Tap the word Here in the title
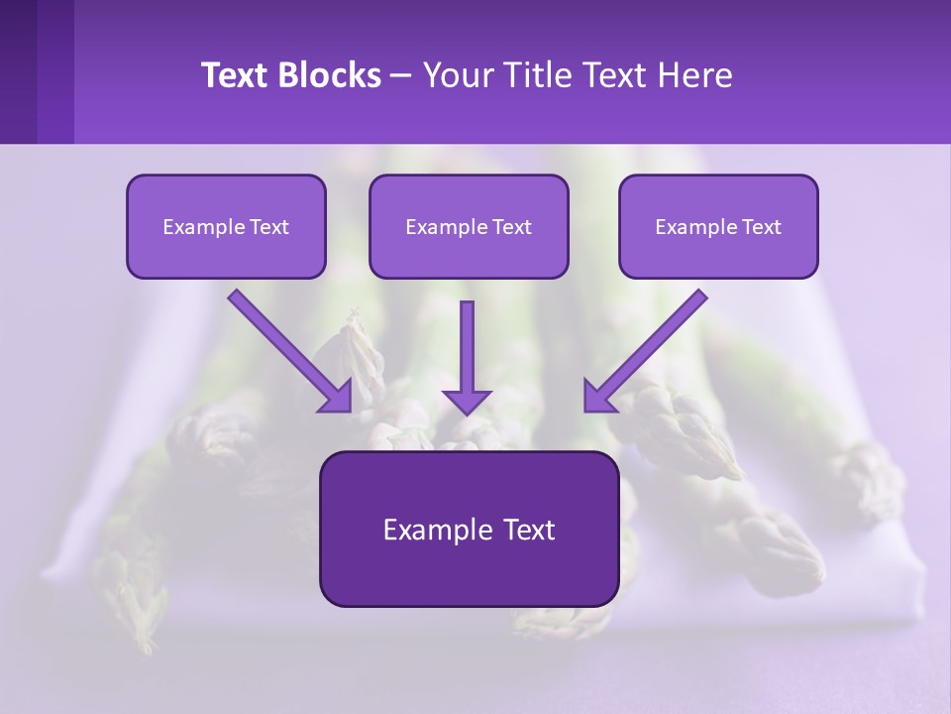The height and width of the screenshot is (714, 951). [692, 75]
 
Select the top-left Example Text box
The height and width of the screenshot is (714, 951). [226, 226]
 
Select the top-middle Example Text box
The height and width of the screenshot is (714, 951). [469, 226]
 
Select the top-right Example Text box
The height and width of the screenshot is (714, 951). [718, 226]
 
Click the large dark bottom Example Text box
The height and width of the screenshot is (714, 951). [469, 529]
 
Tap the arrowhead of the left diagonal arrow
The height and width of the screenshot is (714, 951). [337, 397]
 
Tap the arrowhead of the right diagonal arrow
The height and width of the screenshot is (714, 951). [598, 397]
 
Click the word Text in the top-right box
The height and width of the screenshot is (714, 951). [761, 227]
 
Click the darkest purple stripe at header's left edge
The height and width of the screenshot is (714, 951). [18, 71]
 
